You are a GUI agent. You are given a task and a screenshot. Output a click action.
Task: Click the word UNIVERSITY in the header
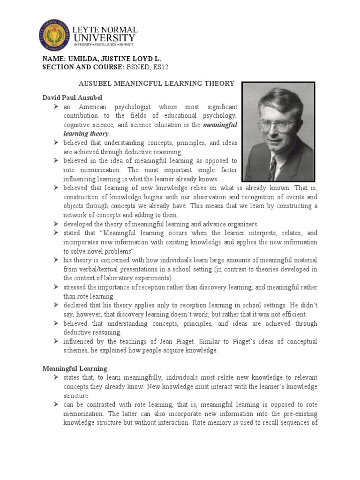pyautogui.click(x=104, y=37)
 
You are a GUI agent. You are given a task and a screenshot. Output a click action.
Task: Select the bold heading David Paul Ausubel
pyautogui.click(x=72, y=97)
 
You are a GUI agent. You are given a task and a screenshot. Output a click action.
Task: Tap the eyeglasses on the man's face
pyautogui.click(x=277, y=124)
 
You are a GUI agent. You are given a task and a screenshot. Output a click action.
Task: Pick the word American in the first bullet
pyautogui.click(x=92, y=107)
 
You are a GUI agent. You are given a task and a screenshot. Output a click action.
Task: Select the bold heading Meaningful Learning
pyautogui.click(x=75, y=368)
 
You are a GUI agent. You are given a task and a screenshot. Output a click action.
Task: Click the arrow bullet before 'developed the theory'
pyautogui.click(x=56, y=224)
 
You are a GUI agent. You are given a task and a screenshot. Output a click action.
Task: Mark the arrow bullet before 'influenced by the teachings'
pyautogui.click(x=56, y=341)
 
